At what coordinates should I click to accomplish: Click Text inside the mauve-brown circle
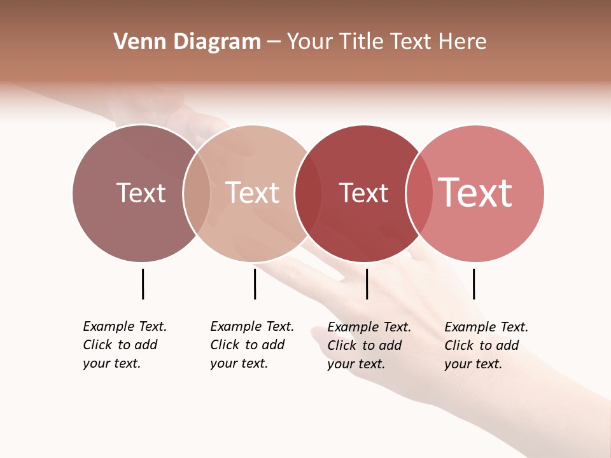coord(141,193)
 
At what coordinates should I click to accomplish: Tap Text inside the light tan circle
coord(253,193)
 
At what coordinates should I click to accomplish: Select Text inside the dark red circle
coord(363,193)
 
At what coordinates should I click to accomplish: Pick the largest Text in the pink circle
coord(475,193)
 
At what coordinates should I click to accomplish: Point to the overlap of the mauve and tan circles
coord(197,193)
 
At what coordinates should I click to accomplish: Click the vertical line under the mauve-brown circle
coord(143,284)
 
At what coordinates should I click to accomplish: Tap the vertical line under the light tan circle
coord(255,284)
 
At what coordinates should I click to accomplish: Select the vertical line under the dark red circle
coord(367,284)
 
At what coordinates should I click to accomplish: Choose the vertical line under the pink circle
coord(474,284)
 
